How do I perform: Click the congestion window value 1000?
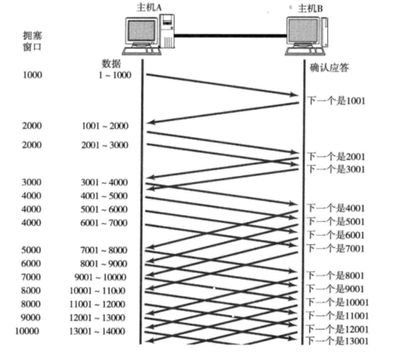(32, 75)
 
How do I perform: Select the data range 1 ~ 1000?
(112, 75)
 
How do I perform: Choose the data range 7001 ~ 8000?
(104, 250)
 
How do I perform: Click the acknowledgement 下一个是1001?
(335, 101)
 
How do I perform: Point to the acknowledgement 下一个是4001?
(335, 208)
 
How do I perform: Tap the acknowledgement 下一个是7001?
(335, 248)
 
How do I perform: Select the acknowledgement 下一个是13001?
(337, 342)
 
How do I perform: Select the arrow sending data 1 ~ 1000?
(219, 85)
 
